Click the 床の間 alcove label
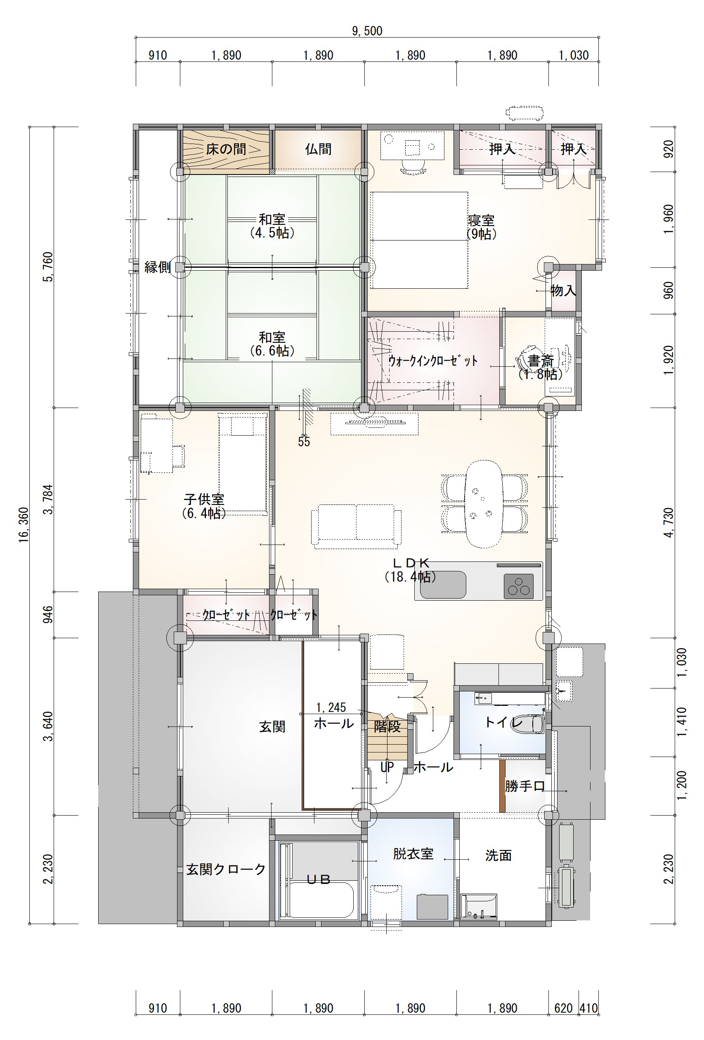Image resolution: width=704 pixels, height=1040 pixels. (x=226, y=149)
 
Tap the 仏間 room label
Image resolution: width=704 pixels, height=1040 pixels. (x=318, y=149)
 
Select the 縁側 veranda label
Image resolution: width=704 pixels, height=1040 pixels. (x=158, y=267)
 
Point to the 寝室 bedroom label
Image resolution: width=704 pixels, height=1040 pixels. (x=481, y=220)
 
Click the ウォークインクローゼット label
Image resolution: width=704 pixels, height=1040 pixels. (x=433, y=361)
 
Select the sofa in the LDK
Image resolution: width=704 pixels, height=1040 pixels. (x=356, y=526)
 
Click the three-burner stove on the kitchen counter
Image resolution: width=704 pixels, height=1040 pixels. (x=519, y=586)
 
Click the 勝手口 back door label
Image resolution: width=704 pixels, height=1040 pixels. (x=524, y=786)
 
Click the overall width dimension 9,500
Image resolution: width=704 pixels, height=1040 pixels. (x=367, y=31)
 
